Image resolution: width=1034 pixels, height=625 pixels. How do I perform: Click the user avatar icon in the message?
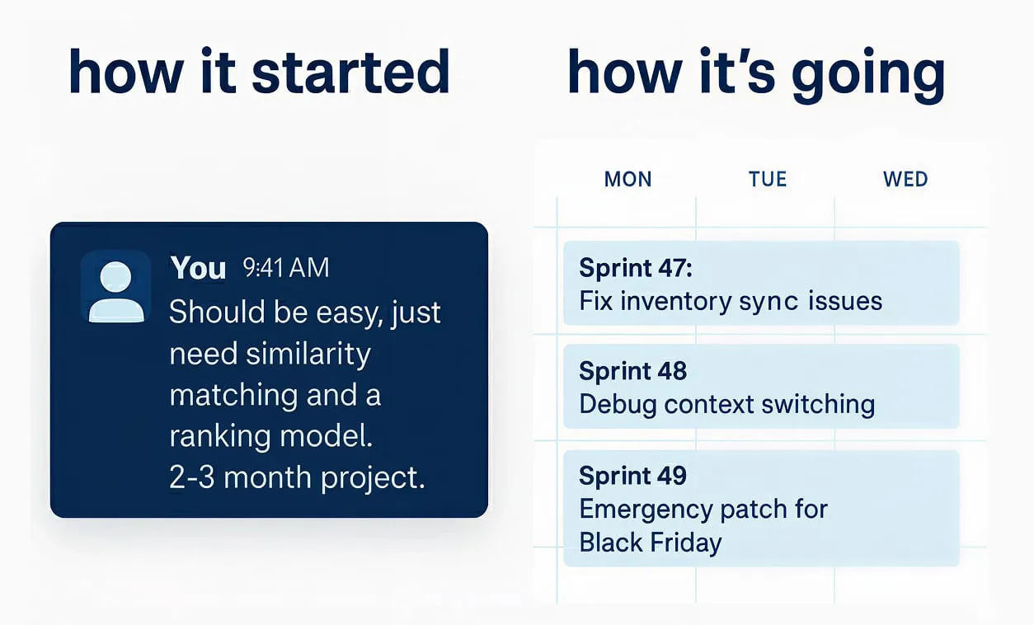116,286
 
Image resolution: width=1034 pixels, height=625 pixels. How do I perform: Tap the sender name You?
198,267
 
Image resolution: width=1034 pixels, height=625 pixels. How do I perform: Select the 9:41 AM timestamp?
286,267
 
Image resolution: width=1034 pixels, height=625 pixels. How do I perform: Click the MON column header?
627,179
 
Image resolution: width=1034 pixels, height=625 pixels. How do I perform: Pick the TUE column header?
768,179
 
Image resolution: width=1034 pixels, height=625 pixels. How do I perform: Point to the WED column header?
905,179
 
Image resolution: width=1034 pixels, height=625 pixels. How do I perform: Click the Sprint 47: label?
636,268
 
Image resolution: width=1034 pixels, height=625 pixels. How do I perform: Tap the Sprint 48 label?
633,371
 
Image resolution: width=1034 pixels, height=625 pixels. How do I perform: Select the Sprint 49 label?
633,476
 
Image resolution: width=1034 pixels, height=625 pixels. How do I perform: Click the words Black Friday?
651,543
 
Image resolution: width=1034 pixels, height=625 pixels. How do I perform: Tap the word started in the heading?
350,73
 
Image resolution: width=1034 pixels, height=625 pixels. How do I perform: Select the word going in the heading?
868,76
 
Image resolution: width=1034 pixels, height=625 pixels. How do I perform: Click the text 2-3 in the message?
192,477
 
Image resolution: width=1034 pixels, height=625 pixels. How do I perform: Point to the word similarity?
308,355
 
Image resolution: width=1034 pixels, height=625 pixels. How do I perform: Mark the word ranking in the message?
219,437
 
